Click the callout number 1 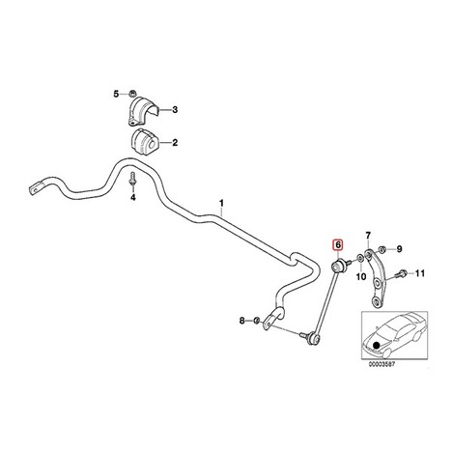tap(221, 204)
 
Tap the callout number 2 tap(175, 143)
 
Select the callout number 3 tap(175, 110)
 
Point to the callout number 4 tap(133, 197)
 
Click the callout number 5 tap(116, 94)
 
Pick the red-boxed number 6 tap(338, 245)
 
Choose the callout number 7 tap(368, 236)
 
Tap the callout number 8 tap(242, 321)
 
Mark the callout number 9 tap(399, 249)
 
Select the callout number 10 tap(361, 276)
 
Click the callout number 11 tap(419, 273)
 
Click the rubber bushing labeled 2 tap(143, 142)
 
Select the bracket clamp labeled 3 tap(143, 111)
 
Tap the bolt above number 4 tap(132, 179)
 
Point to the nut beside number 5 tap(132, 94)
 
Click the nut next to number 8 tap(257, 321)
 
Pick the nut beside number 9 tap(382, 249)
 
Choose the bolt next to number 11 tap(402, 274)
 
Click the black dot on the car tap(376, 346)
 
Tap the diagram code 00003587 tap(381, 364)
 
